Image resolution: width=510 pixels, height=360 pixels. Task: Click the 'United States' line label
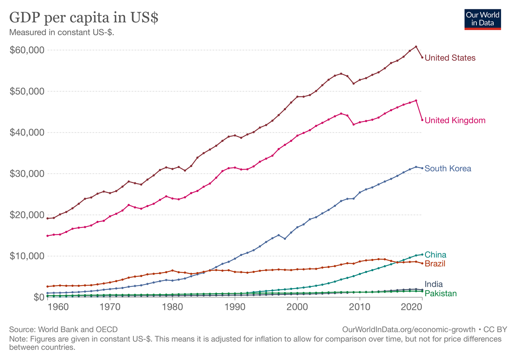tap(450, 58)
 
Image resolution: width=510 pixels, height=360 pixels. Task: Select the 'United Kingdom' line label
tap(455, 120)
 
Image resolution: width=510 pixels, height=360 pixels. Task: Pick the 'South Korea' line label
tap(448, 169)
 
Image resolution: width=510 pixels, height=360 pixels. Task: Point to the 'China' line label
tap(435, 255)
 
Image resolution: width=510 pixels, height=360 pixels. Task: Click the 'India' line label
tap(433, 284)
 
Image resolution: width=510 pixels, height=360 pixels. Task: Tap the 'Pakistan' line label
tap(440, 293)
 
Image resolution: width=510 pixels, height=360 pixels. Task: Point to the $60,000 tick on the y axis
tap(27, 50)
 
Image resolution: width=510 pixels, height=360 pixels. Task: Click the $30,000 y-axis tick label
tap(27, 174)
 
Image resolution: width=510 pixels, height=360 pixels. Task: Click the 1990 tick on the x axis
tap(235, 306)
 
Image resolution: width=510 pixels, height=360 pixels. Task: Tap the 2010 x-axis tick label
tap(360, 306)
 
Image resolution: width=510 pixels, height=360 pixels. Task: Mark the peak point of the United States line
tap(416, 46)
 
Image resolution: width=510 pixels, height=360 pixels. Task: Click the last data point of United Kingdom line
tap(422, 120)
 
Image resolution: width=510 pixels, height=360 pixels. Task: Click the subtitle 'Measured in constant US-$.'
tap(62, 32)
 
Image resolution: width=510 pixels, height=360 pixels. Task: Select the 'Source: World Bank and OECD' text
tap(63, 329)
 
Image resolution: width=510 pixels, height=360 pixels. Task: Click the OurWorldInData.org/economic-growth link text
tap(408, 329)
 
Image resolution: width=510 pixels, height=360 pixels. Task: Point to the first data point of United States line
tap(47, 218)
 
